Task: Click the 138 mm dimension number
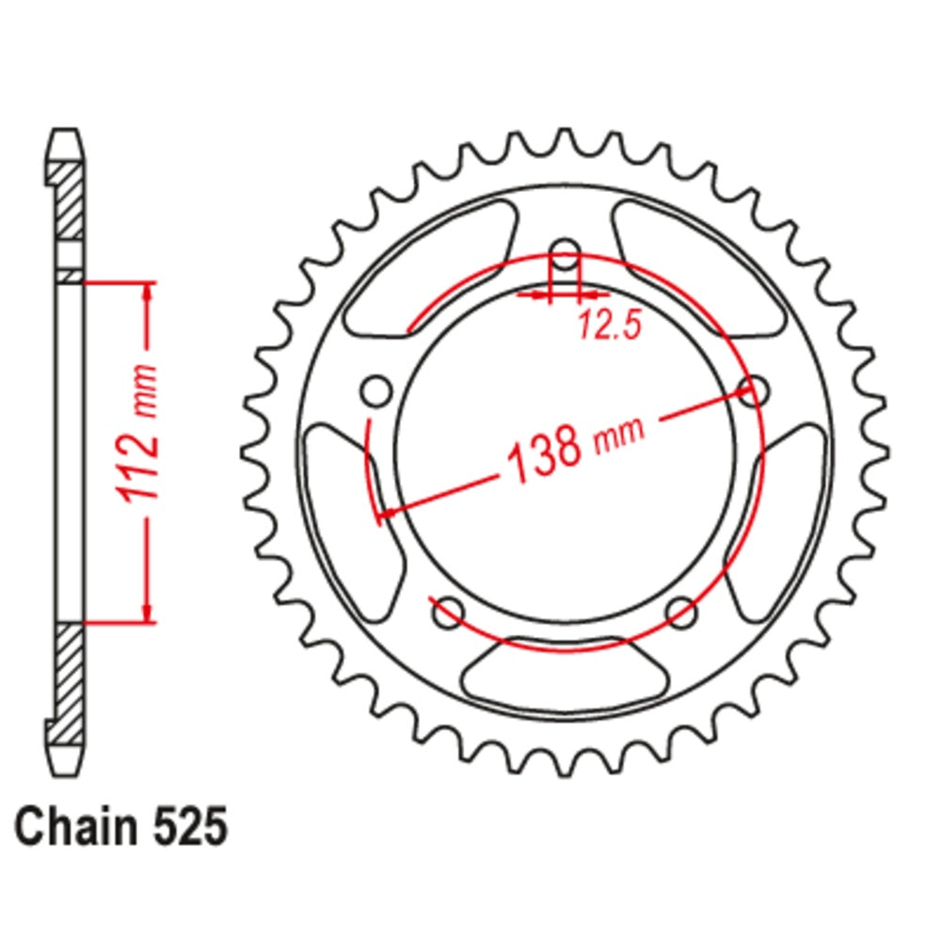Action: (544, 449)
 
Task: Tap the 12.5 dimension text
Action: (609, 326)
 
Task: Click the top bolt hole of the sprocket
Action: (565, 252)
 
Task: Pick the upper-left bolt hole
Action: (376, 389)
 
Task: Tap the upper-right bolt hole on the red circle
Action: (754, 389)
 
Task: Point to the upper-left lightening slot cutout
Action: (433, 268)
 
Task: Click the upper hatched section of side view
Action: (66, 202)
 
